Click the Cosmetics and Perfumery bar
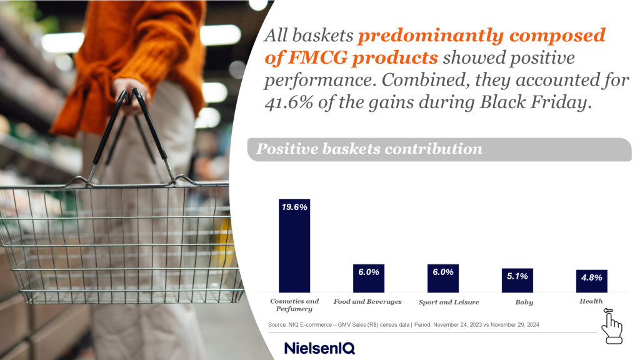click(294, 246)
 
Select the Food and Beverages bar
click(369, 278)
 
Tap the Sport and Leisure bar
click(443, 278)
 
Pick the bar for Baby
click(517, 281)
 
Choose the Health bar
click(591, 281)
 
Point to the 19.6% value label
click(294, 207)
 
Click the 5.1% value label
click(517, 276)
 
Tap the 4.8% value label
click(591, 277)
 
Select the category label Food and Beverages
click(367, 302)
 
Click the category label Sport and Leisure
click(449, 302)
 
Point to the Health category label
click(591, 301)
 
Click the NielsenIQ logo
click(319, 348)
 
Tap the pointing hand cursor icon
click(612, 326)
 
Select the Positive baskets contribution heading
click(369, 149)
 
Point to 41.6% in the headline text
click(289, 102)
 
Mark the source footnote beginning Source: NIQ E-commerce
click(403, 325)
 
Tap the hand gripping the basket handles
click(131, 96)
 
